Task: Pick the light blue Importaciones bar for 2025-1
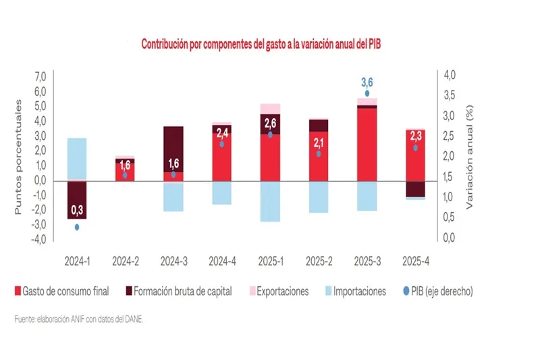click(271, 201)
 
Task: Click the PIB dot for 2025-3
click(367, 93)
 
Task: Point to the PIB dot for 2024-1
click(77, 227)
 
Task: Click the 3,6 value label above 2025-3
click(367, 82)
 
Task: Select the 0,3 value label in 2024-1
click(77, 212)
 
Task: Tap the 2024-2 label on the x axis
click(126, 259)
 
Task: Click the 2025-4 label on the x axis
click(416, 259)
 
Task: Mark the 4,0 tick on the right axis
click(450, 74)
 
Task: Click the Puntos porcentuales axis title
click(20, 157)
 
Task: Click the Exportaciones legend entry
click(277, 291)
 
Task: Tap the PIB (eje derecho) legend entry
click(435, 291)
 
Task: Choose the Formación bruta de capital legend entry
click(178, 291)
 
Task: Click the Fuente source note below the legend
click(79, 319)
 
